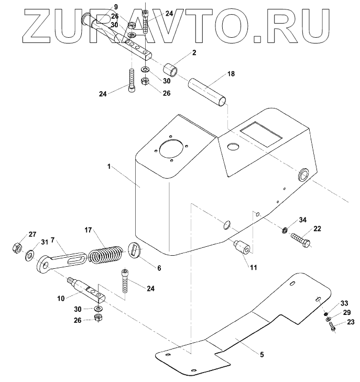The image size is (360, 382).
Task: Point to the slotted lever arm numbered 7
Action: [x=62, y=259]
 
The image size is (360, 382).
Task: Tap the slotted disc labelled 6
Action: [x=136, y=249]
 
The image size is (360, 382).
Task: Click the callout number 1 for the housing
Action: [x=108, y=166]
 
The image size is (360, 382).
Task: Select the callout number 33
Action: [x=344, y=303]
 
